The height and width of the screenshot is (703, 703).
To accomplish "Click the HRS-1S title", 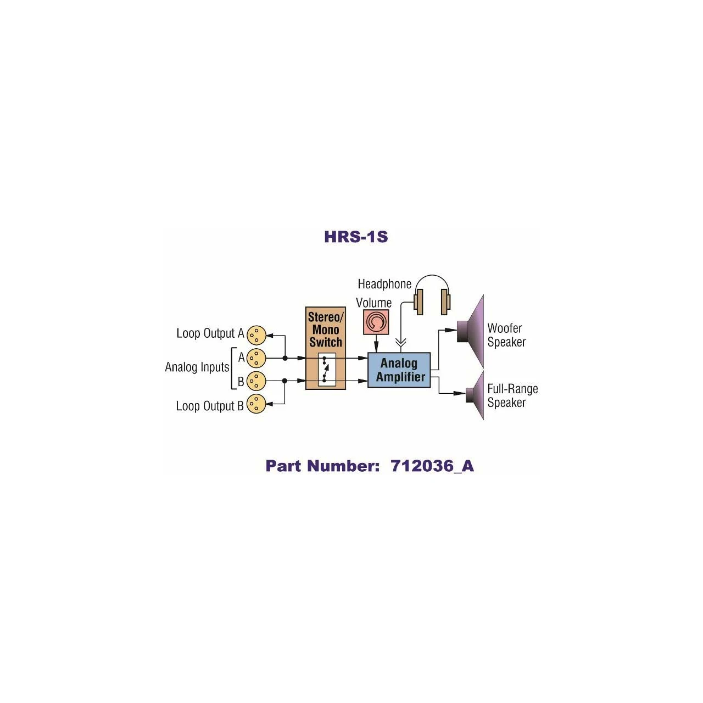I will pos(356,237).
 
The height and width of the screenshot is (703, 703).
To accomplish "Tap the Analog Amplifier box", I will pos(399,370).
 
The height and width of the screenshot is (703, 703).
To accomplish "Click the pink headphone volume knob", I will pos(376,322).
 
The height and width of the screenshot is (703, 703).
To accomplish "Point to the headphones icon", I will pos(432,297).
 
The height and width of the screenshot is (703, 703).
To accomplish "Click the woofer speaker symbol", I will pos(472,331).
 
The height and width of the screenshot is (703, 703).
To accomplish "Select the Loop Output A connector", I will pos(256,334).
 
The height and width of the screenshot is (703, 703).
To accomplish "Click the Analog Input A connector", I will pos(256,358).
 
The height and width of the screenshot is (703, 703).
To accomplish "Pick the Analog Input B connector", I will pos(256,381).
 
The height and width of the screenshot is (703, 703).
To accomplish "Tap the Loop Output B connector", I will pos(256,404).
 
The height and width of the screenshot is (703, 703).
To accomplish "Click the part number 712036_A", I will pos(432,466).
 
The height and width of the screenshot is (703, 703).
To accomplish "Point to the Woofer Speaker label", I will pos(506,335).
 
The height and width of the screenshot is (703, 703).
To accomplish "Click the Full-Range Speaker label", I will pos(512,395).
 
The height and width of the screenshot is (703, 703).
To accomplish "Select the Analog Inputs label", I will pos(197,367).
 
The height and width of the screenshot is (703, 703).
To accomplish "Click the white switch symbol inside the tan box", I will pos(326,369).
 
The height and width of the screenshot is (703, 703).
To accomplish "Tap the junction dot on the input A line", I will pos(285,358).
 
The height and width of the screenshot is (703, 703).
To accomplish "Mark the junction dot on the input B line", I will pos(285,381).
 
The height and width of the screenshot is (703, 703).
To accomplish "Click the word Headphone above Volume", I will pos(384,284).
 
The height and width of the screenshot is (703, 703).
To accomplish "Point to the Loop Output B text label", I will pos(209,406).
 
